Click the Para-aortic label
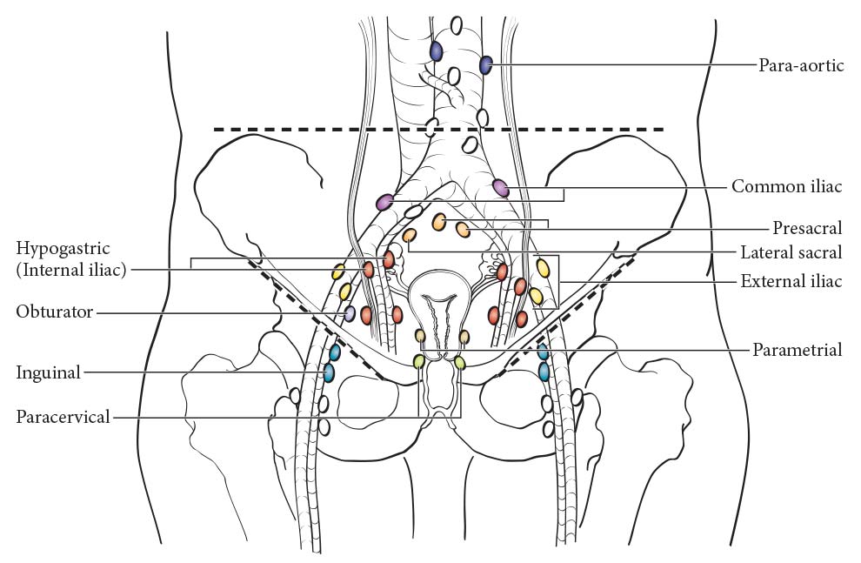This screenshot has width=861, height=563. tap(801, 65)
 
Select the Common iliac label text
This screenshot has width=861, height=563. tap(786, 187)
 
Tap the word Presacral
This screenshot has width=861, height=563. tap(807, 227)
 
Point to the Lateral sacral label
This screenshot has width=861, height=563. tap(791, 252)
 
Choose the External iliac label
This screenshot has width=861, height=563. tap(791, 282)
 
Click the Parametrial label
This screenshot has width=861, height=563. tap(797, 350)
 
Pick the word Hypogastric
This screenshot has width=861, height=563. tap(63, 249)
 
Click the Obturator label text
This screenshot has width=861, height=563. tap(55, 312)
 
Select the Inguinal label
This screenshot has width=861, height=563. tap(49, 373)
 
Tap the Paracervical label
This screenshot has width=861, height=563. tap(63, 417)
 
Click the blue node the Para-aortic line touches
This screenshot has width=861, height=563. tap(485, 64)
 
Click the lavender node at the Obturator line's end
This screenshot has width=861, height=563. tap(349, 313)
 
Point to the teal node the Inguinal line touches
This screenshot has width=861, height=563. tap(329, 372)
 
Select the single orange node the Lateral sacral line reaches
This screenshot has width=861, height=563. tap(409, 236)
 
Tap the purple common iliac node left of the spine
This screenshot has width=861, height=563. tap(385, 202)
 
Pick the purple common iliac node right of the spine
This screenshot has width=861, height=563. tap(501, 188)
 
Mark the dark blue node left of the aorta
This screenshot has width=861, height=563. tap(436, 51)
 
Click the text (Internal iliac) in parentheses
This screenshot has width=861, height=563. tap(70, 271)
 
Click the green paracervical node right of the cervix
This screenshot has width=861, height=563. tap(459, 363)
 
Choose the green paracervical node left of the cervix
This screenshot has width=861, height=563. tap(418, 361)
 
